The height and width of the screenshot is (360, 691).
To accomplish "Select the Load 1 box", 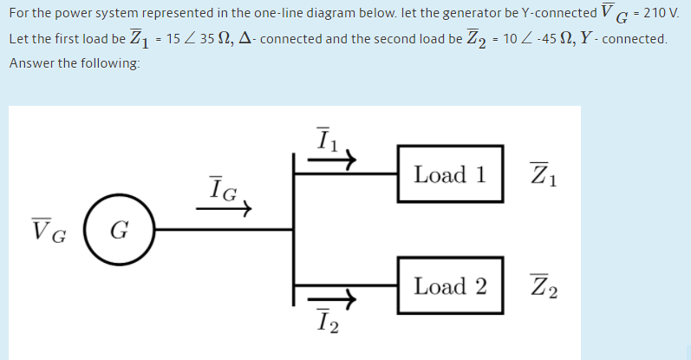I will (x=450, y=174).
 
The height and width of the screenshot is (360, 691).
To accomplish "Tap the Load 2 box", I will (x=450, y=285).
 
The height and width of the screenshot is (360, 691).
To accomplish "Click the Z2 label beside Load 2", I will (x=544, y=286).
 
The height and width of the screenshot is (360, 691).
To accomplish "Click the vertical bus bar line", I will (x=295, y=230).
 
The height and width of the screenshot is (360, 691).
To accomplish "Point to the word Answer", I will (x=32, y=64).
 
